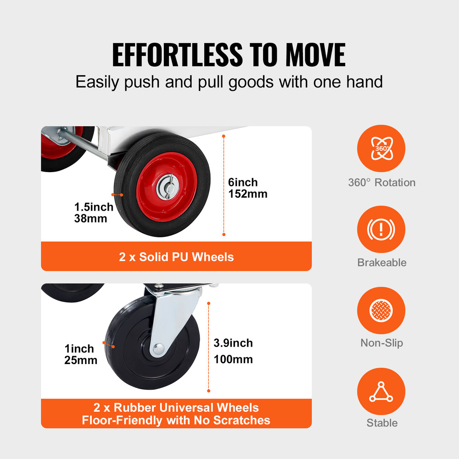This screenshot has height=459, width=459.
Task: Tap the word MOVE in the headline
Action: pyautogui.click(x=316, y=55)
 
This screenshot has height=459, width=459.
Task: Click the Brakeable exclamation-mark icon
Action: pyautogui.click(x=381, y=229)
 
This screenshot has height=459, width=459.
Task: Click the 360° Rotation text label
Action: pyautogui.click(x=381, y=182)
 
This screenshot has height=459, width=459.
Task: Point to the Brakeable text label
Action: pyautogui.click(x=381, y=263)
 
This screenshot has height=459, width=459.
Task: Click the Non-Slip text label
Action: pyautogui.click(x=381, y=343)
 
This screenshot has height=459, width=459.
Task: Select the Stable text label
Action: pyautogui.click(x=381, y=423)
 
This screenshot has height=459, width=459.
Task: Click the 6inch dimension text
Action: pyautogui.click(x=243, y=182)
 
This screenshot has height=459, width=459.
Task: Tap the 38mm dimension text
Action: pyautogui.click(x=90, y=218)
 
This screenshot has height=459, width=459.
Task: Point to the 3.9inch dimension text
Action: pyautogui.click(x=233, y=343)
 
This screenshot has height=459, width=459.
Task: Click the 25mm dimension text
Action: pyautogui.click(x=81, y=360)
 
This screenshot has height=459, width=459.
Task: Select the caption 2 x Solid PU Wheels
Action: pyautogui.click(x=176, y=257)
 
